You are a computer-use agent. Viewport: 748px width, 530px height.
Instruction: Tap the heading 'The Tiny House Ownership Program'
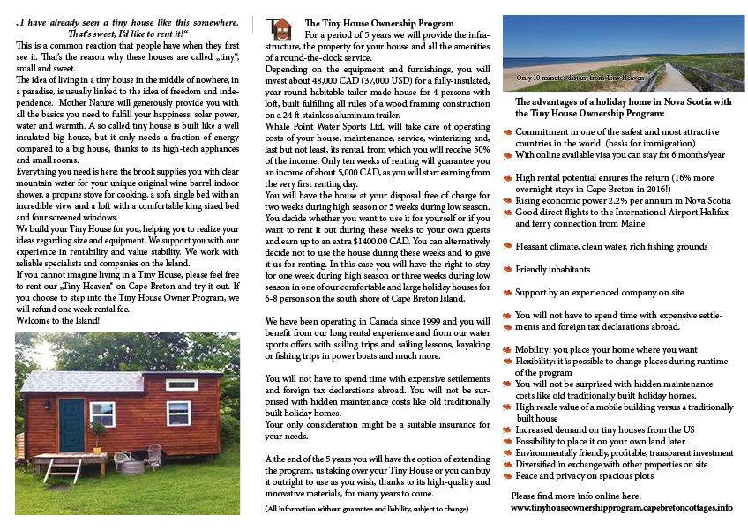[379, 22]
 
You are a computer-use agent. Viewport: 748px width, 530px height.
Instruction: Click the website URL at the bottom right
[622, 508]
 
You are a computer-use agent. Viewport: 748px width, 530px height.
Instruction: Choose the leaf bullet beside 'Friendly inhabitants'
[507, 269]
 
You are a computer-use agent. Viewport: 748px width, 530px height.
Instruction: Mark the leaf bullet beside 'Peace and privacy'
[507, 474]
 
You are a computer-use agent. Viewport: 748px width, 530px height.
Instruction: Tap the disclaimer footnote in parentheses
[366, 510]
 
